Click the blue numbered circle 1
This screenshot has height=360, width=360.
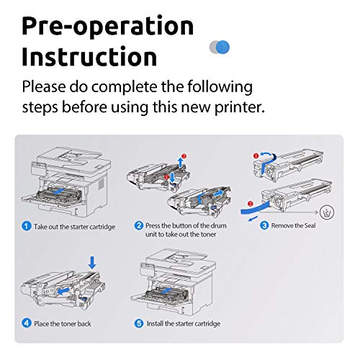[27, 226]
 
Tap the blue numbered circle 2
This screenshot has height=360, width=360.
[139, 225]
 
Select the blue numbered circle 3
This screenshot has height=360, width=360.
[264, 225]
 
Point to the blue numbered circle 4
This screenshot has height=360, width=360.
[27, 323]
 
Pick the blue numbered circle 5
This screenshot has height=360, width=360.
[139, 323]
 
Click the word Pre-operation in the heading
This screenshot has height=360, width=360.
[107, 26]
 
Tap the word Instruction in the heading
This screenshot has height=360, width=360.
[89, 56]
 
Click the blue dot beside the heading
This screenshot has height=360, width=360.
[222, 47]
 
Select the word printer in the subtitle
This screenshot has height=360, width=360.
[240, 107]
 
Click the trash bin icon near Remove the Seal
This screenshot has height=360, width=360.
[327, 212]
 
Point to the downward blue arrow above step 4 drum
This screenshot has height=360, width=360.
[92, 263]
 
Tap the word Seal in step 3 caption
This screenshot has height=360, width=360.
[310, 225]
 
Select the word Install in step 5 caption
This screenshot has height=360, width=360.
[155, 323]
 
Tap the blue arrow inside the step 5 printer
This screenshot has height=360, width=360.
[166, 291]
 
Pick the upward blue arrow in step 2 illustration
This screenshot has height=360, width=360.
[180, 162]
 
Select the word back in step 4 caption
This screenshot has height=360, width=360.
[84, 323]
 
